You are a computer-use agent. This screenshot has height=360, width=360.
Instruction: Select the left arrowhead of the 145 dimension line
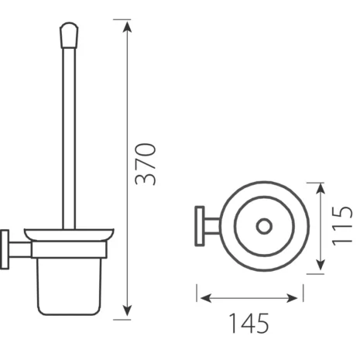[201, 296]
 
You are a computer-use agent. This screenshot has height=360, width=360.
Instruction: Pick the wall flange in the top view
[197, 227]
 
